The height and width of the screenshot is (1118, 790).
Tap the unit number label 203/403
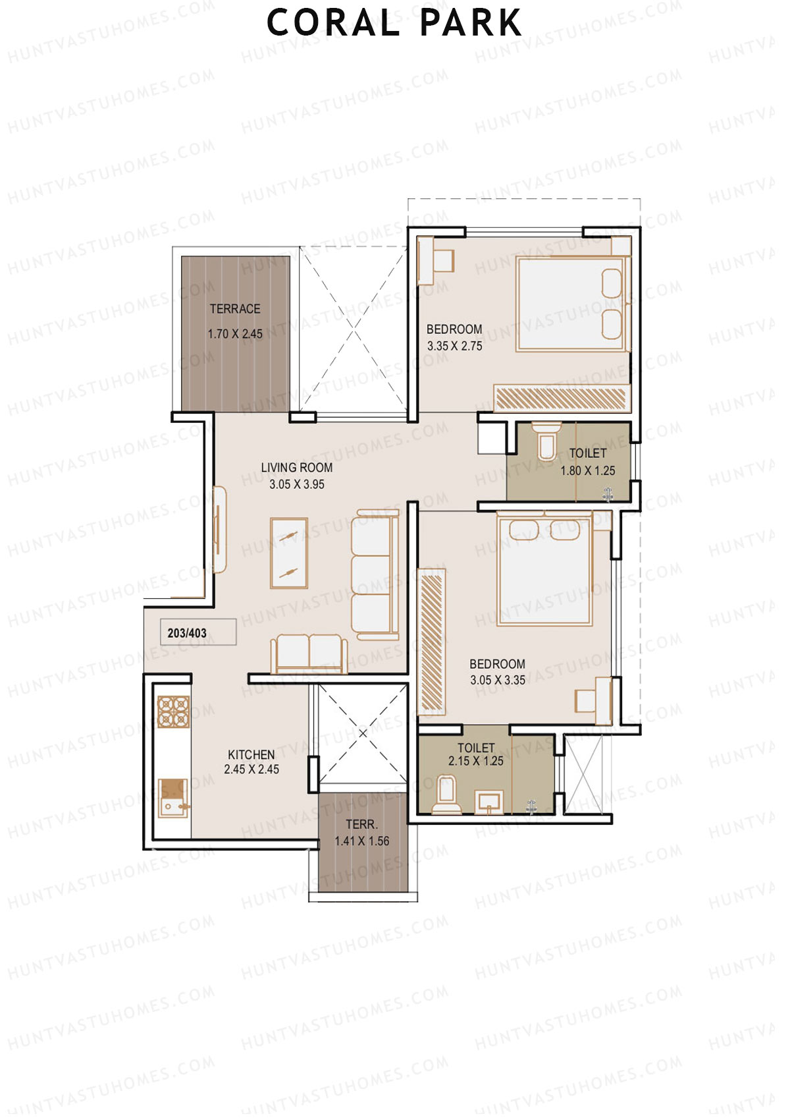point(187,633)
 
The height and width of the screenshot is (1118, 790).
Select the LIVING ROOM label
point(297,468)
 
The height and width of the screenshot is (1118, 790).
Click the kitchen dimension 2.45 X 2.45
point(251,769)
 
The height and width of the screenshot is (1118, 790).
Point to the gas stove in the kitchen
point(174,712)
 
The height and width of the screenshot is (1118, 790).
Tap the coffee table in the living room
point(289,553)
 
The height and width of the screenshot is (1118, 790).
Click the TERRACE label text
point(235,309)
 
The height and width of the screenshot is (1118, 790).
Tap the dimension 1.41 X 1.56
point(361,841)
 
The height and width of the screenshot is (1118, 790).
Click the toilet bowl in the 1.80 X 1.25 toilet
point(546,441)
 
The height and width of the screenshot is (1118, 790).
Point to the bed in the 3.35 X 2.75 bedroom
point(571,304)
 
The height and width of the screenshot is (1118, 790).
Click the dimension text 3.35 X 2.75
point(454,346)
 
